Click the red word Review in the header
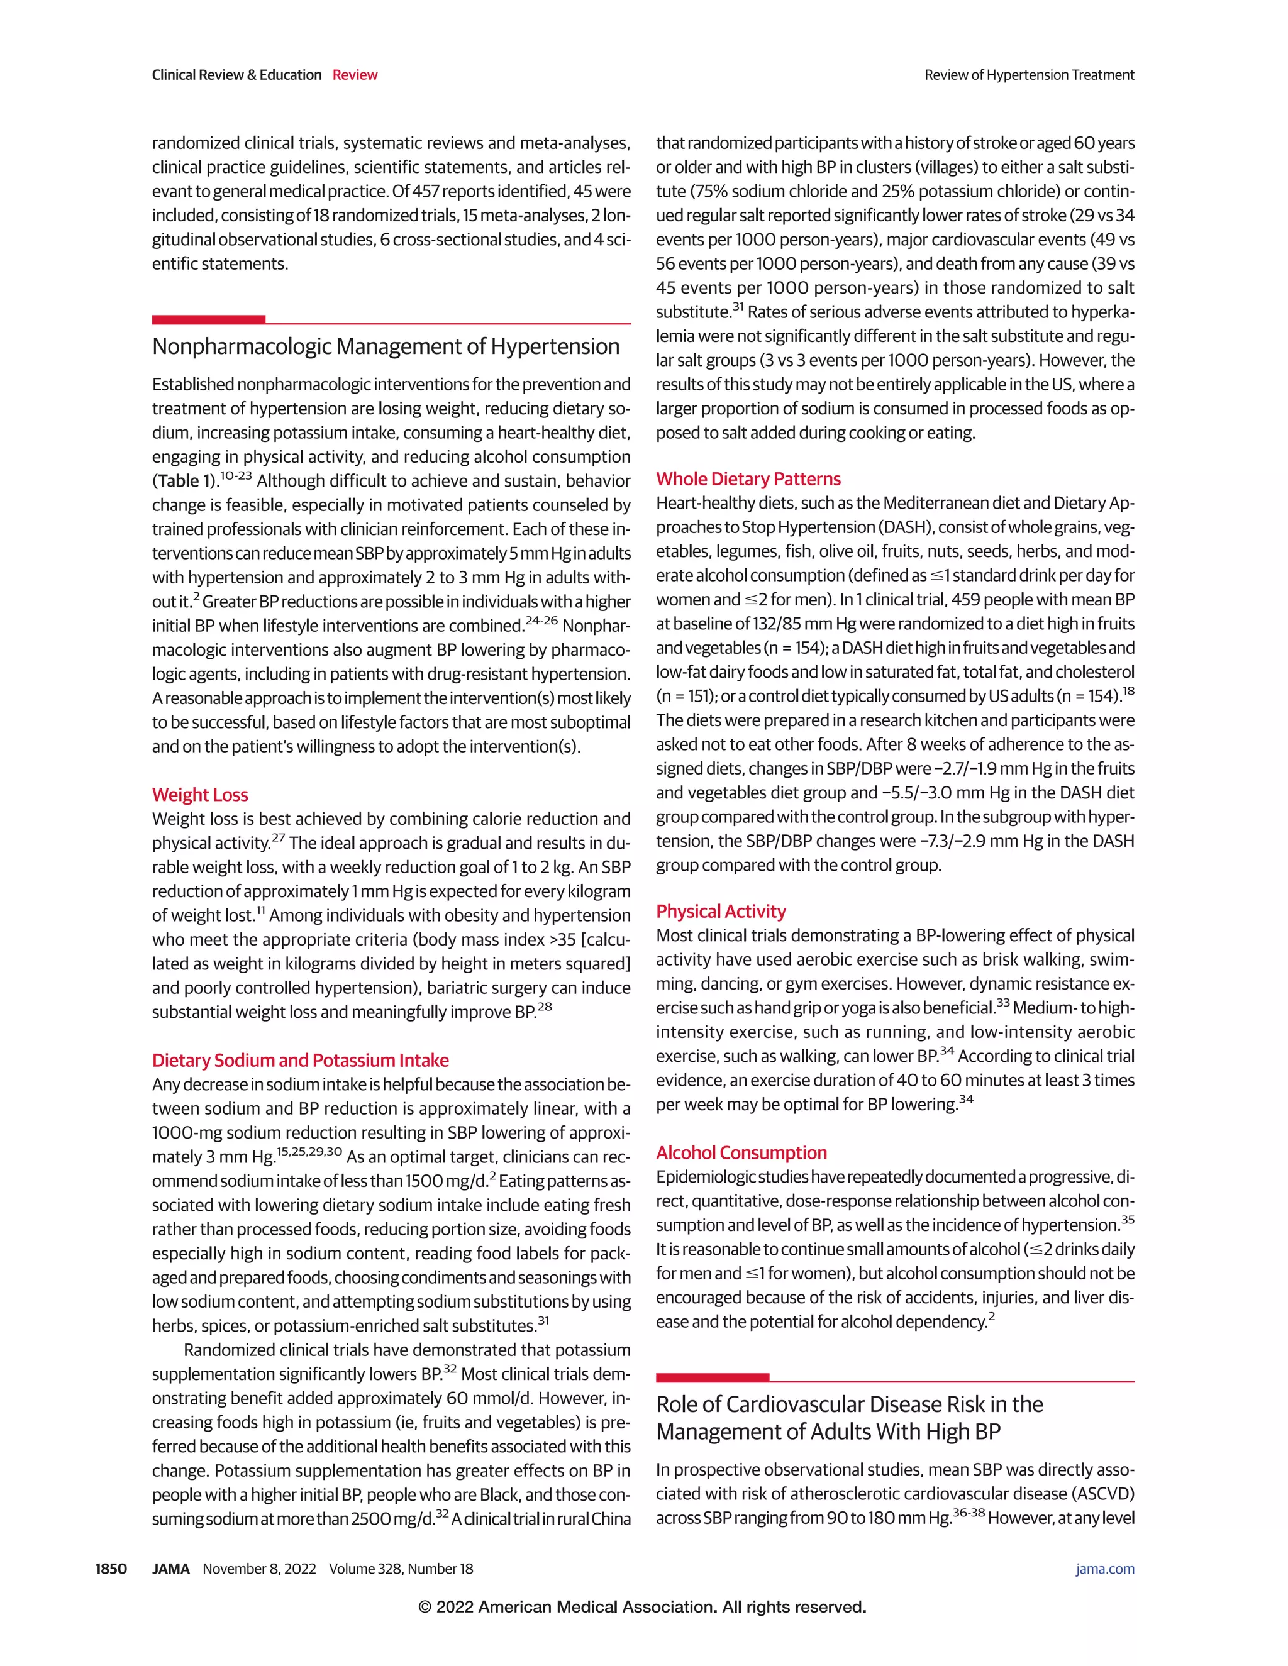click(355, 75)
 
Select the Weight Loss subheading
click(200, 794)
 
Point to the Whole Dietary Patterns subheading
click(748, 478)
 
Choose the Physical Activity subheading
click(720, 911)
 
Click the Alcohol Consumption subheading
click(741, 1152)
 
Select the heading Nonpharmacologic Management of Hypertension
click(386, 346)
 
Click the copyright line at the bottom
click(643, 1606)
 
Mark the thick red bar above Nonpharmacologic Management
click(208, 319)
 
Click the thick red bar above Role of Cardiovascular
click(712, 1377)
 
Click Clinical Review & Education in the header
click(236, 75)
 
